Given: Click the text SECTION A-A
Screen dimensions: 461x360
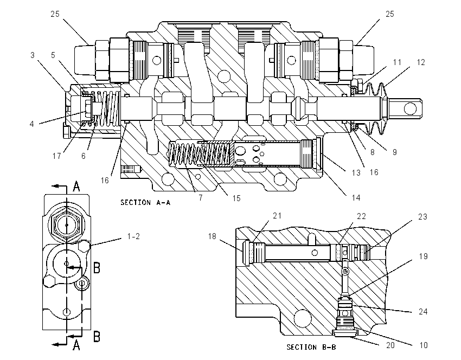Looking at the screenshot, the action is (x=145, y=202).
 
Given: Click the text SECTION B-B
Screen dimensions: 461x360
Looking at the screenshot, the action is (x=311, y=347).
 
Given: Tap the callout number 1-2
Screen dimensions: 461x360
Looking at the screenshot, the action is (x=133, y=236).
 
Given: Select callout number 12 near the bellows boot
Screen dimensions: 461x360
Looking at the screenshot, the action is (x=421, y=62).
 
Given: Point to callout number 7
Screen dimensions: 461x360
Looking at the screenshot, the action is (x=201, y=198).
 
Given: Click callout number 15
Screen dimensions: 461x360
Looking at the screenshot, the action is (x=236, y=198).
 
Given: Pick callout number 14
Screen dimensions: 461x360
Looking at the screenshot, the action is (x=356, y=198).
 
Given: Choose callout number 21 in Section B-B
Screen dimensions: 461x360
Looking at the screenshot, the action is (x=277, y=216).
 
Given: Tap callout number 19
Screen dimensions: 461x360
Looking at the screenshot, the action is (x=423, y=256).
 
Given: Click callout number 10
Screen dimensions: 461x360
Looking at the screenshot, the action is (x=424, y=345).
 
